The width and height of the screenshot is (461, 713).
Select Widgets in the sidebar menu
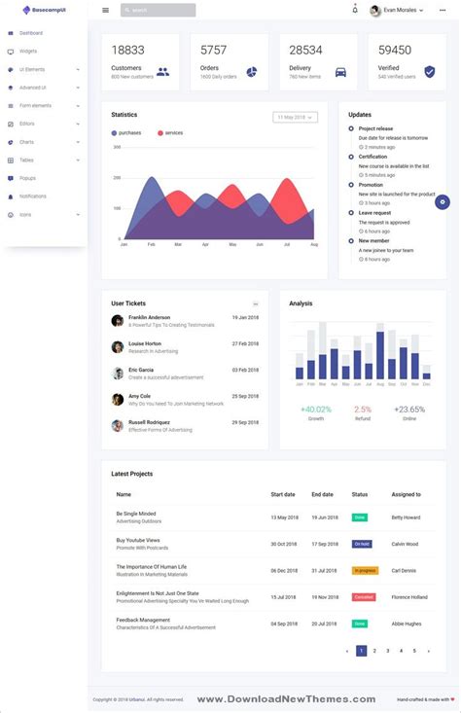click(28, 51)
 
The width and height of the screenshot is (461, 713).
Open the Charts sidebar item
click(26, 142)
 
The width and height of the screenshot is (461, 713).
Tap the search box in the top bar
click(158, 10)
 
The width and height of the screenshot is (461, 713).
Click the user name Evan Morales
click(400, 10)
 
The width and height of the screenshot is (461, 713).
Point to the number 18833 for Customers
click(127, 50)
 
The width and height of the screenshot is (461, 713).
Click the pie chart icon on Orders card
click(251, 71)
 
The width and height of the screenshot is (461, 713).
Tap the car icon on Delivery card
click(340, 71)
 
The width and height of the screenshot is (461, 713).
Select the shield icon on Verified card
click(429, 71)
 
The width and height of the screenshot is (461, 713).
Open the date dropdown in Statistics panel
click(296, 117)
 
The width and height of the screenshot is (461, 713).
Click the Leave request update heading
click(374, 212)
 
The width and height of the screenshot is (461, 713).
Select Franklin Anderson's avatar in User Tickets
click(118, 320)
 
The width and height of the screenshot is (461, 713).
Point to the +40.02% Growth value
click(316, 410)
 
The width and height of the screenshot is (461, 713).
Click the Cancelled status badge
click(363, 597)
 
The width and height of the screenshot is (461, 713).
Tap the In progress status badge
click(364, 570)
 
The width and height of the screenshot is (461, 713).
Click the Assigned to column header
click(406, 494)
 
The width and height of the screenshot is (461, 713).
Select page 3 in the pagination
click(387, 651)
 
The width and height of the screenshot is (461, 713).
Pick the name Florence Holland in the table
click(409, 597)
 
